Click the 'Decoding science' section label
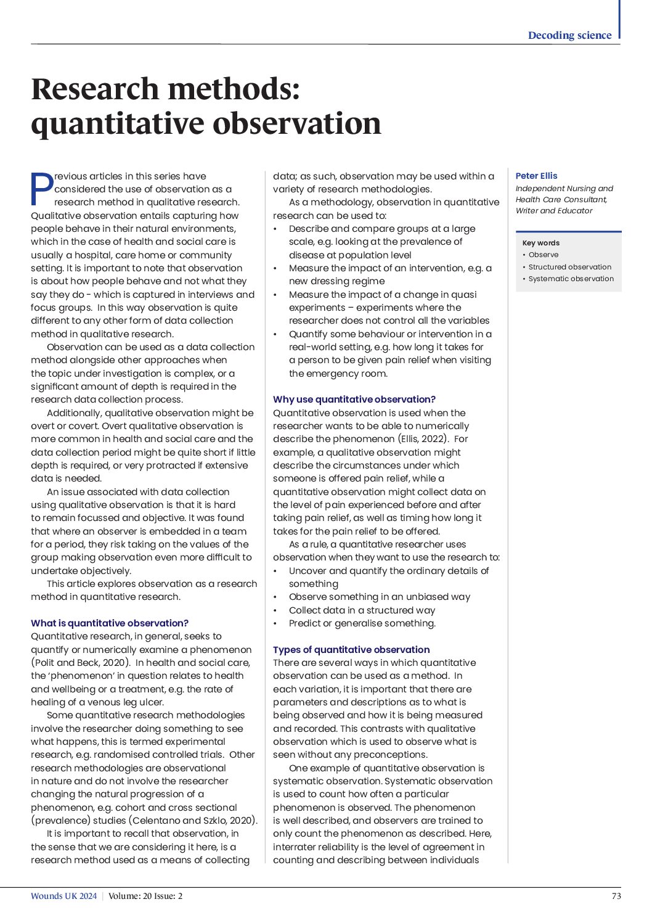(x=569, y=35)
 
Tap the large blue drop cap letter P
(x=41, y=189)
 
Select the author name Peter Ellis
(x=536, y=176)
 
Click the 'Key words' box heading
(x=540, y=243)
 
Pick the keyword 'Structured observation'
(x=569, y=267)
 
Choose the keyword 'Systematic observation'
(x=571, y=279)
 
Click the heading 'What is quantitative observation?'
(x=110, y=623)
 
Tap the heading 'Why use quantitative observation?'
(x=354, y=400)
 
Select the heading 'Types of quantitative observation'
(x=351, y=650)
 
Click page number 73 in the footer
(x=616, y=896)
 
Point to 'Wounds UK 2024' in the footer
(x=63, y=896)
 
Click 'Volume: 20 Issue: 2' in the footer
(x=145, y=896)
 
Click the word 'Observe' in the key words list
(x=543, y=255)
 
